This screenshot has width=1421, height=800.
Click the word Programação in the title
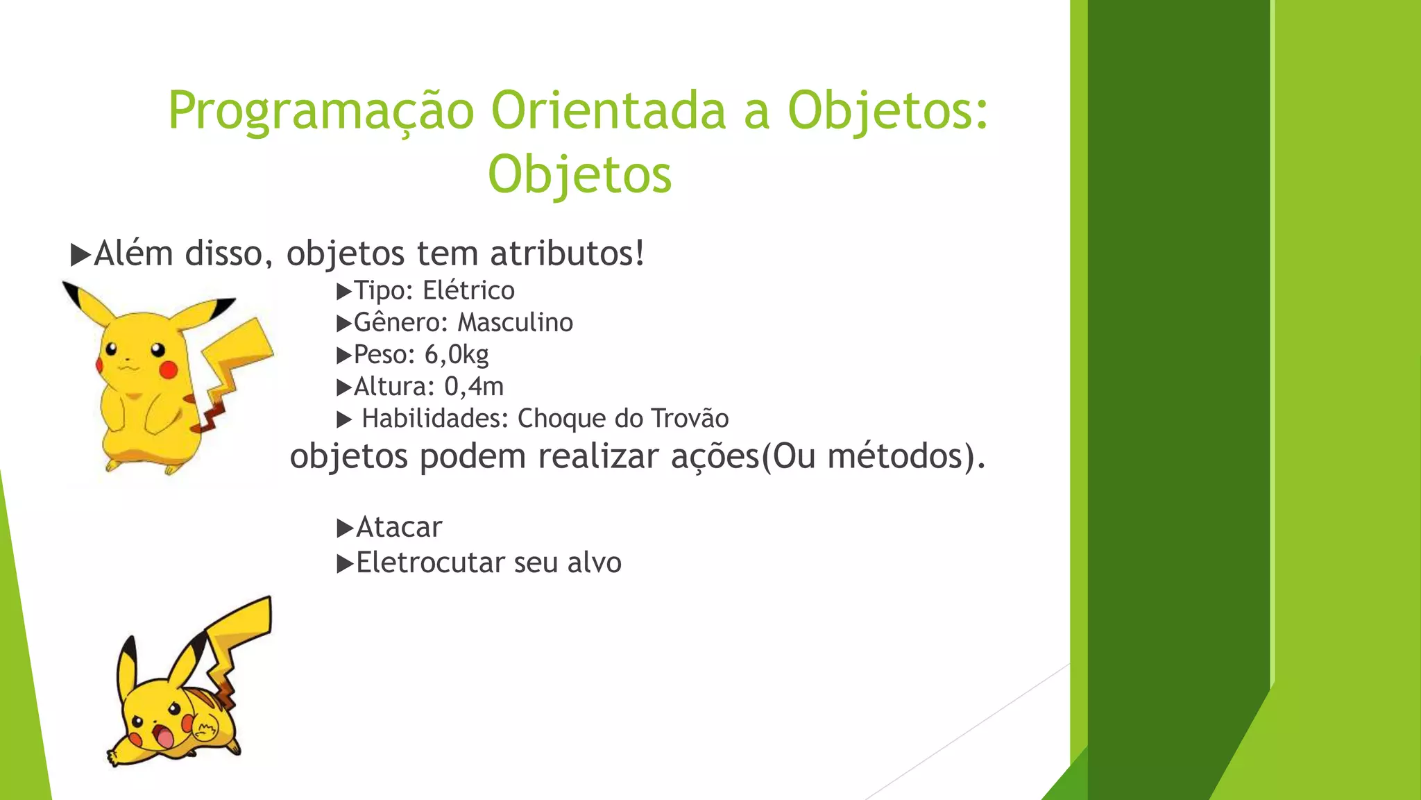pyautogui.click(x=321, y=111)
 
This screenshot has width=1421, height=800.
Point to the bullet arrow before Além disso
pyautogui.click(x=80, y=255)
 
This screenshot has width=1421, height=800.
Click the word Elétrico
pyautogui.click(x=468, y=290)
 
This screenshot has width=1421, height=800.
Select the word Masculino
pyautogui.click(x=515, y=322)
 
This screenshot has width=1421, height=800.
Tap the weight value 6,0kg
pyautogui.click(x=456, y=355)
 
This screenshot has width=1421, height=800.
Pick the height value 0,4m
pyautogui.click(x=473, y=387)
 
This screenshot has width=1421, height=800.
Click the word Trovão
pyautogui.click(x=690, y=419)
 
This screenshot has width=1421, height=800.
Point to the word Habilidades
pyautogui.click(x=435, y=419)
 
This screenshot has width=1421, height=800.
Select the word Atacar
pyautogui.click(x=399, y=528)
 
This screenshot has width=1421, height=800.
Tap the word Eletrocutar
pyautogui.click(x=429, y=563)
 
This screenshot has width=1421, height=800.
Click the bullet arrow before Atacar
pyautogui.click(x=345, y=528)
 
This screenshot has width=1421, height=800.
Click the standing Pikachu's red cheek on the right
pyautogui.click(x=169, y=370)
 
